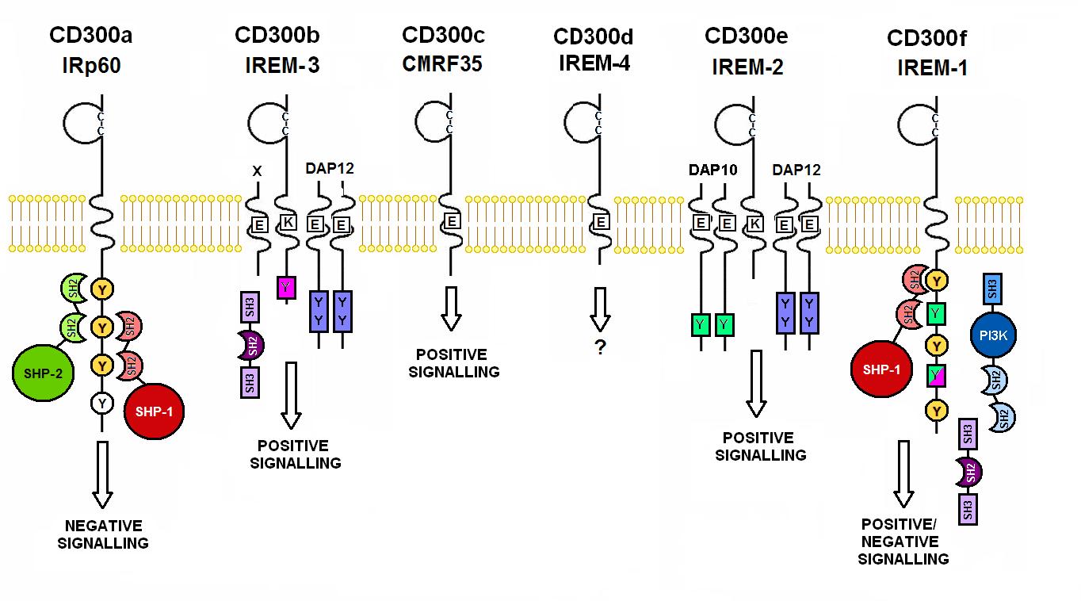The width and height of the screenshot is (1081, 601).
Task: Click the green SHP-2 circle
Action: pos(44,373)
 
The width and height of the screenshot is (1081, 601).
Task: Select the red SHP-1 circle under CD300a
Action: pos(155,411)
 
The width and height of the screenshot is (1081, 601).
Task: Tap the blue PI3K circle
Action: pos(992,336)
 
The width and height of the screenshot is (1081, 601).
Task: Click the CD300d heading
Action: pos(594,37)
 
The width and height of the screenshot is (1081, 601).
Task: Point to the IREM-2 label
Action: pos(747,67)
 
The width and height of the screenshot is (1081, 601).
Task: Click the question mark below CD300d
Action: pos(600,347)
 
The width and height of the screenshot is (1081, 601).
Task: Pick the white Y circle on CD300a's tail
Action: pos(101,404)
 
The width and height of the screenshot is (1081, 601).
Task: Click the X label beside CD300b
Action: pos(255,170)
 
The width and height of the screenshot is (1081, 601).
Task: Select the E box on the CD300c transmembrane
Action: pos(451,221)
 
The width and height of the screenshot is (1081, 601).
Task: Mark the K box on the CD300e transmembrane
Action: pos(754,224)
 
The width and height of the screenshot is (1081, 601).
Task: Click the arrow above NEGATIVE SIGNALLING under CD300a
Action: pos(101,474)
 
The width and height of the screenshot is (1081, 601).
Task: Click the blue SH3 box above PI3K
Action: pos(992,289)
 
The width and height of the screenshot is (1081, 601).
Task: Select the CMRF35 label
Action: pos(442,63)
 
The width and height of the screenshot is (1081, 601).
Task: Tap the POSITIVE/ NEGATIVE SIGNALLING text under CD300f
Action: pos(903,542)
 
